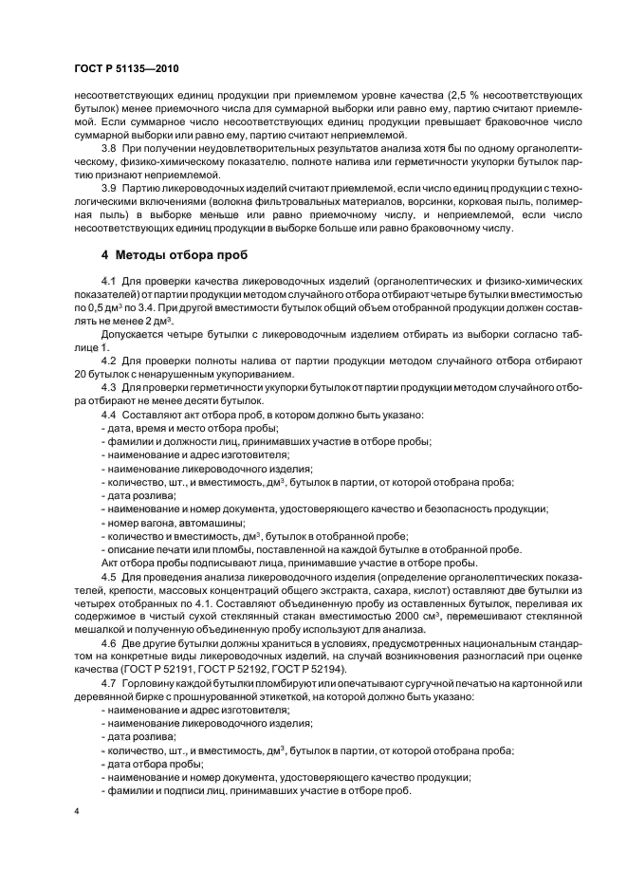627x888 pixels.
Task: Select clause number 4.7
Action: [107, 683]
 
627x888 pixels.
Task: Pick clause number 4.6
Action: [107, 641]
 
